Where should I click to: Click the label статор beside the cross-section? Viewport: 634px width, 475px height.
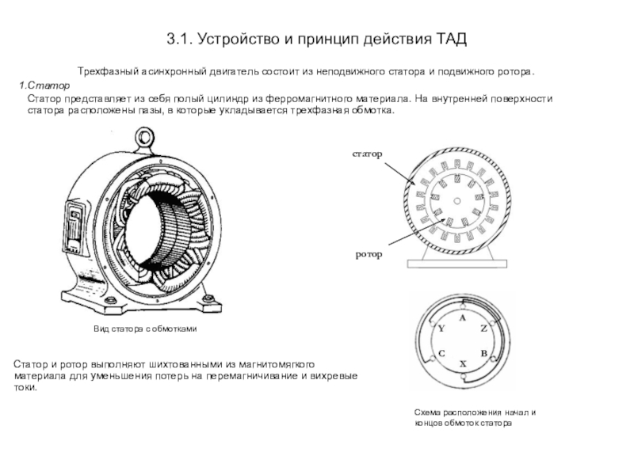click(x=367, y=154)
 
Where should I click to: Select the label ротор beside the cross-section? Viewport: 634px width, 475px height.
click(x=369, y=254)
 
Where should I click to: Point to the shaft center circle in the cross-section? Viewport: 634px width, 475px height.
click(x=457, y=201)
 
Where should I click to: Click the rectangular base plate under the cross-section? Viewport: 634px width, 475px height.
click(x=457, y=264)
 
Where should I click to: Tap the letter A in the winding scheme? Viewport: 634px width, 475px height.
click(x=463, y=318)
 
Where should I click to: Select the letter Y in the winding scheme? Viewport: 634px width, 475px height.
click(x=441, y=329)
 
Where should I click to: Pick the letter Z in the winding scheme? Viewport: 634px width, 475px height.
click(x=483, y=329)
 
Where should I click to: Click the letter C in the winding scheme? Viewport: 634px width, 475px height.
click(x=441, y=354)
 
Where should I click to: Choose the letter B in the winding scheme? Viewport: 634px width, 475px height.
click(x=483, y=354)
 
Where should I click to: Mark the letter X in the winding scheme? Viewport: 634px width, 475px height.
click(x=463, y=364)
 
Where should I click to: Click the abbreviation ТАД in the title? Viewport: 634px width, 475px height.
click(x=451, y=39)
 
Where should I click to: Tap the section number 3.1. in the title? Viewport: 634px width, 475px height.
click(x=180, y=39)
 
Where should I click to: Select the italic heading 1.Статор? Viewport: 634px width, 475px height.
click(x=44, y=85)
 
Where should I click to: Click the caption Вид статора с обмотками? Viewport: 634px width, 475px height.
click(x=145, y=329)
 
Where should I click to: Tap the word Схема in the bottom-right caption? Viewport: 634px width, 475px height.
click(x=427, y=412)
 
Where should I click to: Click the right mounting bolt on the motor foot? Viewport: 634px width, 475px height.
click(x=208, y=298)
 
